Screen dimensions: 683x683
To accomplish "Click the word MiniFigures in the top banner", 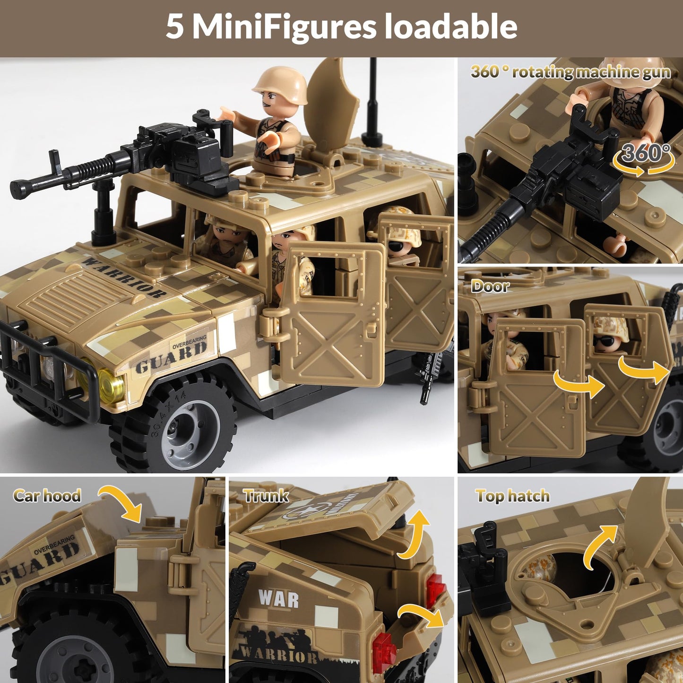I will pyautogui.click(x=284, y=27).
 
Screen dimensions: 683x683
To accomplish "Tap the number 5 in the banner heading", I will pyautogui.click(x=174, y=27).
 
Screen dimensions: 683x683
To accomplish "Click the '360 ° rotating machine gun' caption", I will pyautogui.click(x=571, y=72).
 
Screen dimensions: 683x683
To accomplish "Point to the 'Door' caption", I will pyautogui.click(x=490, y=286).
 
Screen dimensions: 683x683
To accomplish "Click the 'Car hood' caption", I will pyautogui.click(x=47, y=495).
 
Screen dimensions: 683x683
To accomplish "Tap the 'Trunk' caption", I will pyautogui.click(x=266, y=495).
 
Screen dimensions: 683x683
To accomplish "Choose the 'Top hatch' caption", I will pyautogui.click(x=512, y=496).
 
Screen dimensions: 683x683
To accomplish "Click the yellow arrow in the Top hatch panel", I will pyautogui.click(x=600, y=546).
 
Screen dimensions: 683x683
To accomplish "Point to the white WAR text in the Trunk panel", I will pyautogui.click(x=279, y=599).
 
